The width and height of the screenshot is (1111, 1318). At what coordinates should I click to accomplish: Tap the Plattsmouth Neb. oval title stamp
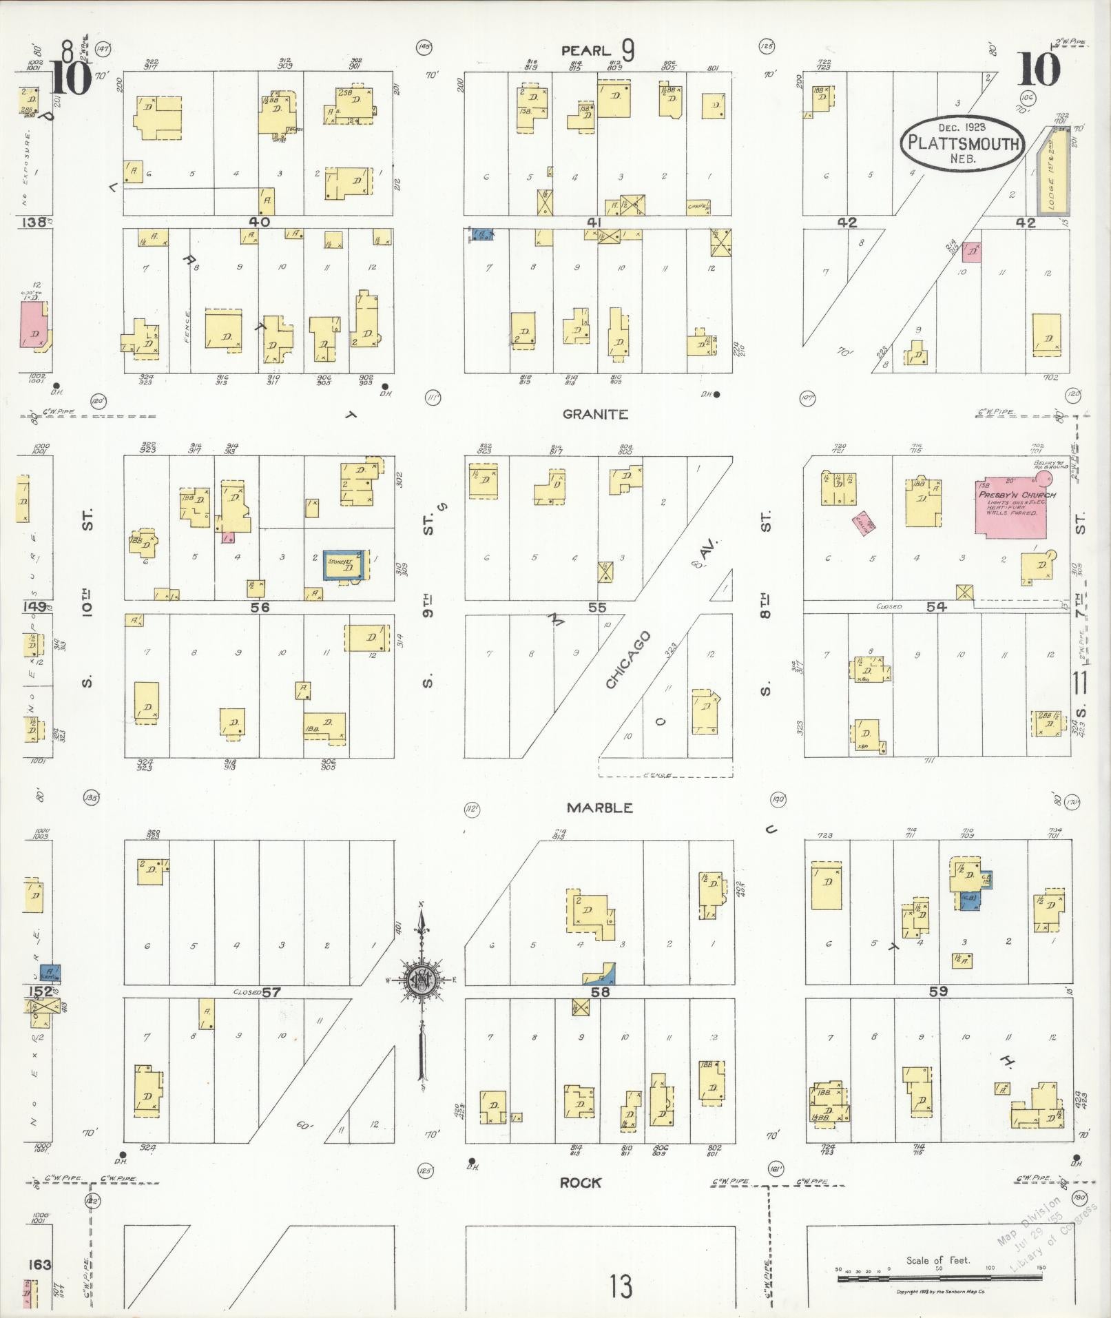click(x=962, y=143)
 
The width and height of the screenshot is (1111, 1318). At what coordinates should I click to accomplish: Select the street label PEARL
click(x=585, y=50)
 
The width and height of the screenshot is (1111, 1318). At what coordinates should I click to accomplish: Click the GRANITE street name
click(x=595, y=414)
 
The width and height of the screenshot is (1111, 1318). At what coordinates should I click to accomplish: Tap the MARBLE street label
click(x=599, y=807)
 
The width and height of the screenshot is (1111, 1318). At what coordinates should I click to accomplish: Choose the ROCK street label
click(x=581, y=1183)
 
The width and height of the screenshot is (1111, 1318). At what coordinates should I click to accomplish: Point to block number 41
click(x=594, y=222)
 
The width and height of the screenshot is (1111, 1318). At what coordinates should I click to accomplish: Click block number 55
click(x=596, y=607)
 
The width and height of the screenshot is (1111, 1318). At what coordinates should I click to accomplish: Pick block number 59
click(x=938, y=991)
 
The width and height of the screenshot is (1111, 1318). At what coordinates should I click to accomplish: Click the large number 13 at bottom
click(x=621, y=1286)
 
